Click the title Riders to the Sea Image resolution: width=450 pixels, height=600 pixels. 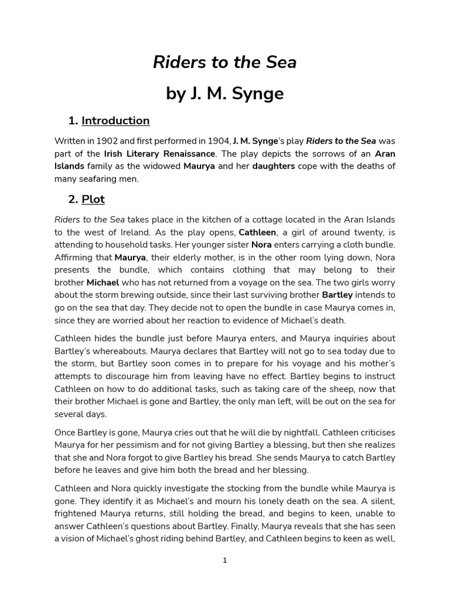tap(225, 62)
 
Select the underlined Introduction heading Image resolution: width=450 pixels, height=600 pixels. tap(115, 121)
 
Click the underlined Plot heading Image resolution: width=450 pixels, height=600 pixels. tap(93, 199)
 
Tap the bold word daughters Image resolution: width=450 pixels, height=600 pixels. tap(273, 166)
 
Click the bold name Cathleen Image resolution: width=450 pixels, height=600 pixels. tap(257, 232)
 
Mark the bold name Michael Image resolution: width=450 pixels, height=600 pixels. tap(103, 282)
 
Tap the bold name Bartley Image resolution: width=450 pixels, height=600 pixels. tap(337, 295)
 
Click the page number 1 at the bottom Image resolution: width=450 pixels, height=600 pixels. tap(225, 561)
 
